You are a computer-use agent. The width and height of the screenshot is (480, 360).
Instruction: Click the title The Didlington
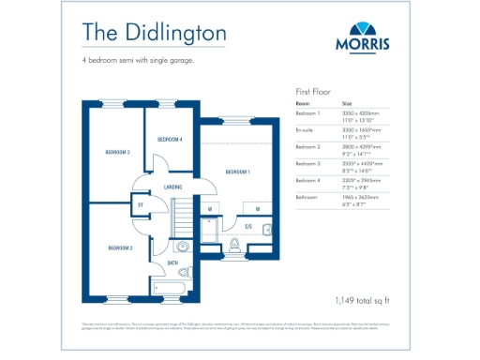[x=153, y=31]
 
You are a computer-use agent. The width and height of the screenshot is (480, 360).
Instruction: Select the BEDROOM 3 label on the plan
[x=117, y=151]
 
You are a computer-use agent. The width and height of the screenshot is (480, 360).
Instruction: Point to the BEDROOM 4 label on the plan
[x=170, y=139]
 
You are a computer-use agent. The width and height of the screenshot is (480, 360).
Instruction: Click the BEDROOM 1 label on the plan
[x=237, y=172]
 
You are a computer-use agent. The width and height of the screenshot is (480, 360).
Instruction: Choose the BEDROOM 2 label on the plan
[x=119, y=247]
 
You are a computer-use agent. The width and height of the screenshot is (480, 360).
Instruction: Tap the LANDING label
[x=172, y=187]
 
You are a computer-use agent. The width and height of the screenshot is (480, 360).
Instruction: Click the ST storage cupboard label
[x=140, y=203]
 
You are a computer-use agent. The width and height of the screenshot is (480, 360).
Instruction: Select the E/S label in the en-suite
[x=249, y=227]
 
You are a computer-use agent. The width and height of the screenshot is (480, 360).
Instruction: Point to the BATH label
[x=172, y=263]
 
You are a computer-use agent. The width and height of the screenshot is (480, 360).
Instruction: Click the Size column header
[x=347, y=103]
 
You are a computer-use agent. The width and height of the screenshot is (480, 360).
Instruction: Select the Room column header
[x=303, y=103]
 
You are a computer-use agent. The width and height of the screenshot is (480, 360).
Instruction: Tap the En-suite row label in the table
[x=305, y=130]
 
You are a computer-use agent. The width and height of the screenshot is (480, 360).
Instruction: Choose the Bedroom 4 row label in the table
[x=307, y=180]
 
